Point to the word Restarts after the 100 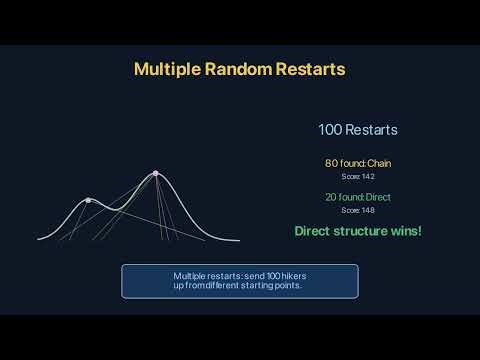372,130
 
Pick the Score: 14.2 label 358,176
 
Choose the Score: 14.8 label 358,210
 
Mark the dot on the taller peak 155,173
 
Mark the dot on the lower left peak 88,201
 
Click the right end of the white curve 240,241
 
